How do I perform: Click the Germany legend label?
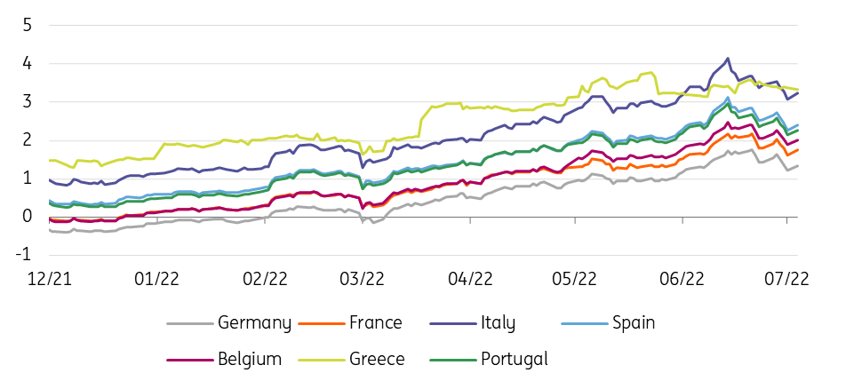tap(253, 323)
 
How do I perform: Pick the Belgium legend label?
tap(249, 360)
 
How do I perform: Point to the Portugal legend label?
tap(514, 360)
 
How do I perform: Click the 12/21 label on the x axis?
tap(50, 278)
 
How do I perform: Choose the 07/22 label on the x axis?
tap(787, 278)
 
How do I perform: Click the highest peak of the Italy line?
tap(729, 59)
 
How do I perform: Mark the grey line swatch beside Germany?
tap(190, 323)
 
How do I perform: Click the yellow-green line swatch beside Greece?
tap(316, 360)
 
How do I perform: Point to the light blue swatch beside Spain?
tap(573, 323)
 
